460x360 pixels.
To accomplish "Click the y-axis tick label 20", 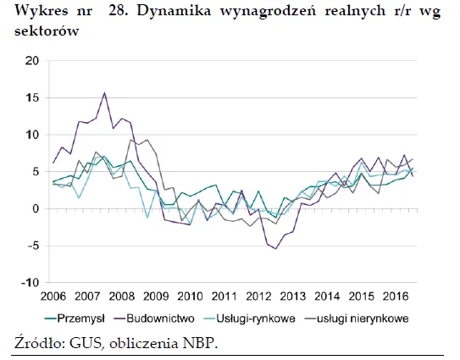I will point(33,61).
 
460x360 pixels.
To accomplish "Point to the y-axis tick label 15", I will point(33,98).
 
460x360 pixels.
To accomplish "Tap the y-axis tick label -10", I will point(30,282).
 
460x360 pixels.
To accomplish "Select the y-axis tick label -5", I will point(33,246).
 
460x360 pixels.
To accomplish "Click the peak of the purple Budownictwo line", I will point(104,93).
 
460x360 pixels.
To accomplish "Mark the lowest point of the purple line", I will point(275,248).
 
